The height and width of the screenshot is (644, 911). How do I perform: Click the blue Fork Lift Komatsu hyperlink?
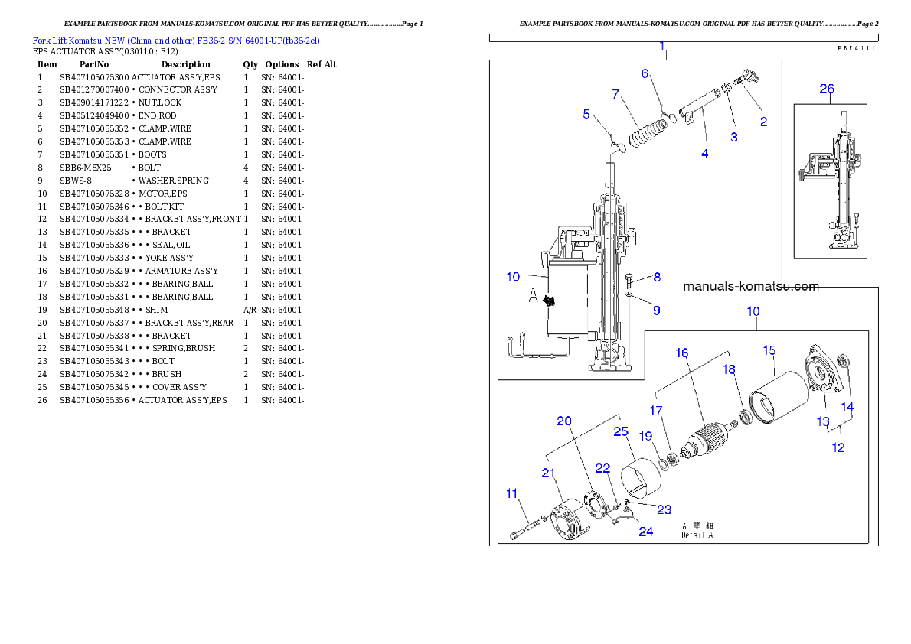pos(176,40)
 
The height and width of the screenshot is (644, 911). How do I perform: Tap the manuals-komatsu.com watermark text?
pos(750,287)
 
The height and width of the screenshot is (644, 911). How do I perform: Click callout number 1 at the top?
pos(662,46)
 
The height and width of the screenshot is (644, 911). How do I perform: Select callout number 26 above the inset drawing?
pos(827,89)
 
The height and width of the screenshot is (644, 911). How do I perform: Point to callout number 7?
pos(615,94)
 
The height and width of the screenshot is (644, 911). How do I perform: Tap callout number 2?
pos(763,122)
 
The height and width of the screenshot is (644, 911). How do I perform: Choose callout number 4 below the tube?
pos(704,154)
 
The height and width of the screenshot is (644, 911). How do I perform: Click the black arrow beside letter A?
pos(549,301)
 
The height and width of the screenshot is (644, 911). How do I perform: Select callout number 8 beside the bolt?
pos(656,278)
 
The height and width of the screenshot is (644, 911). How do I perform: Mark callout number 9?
pos(656,310)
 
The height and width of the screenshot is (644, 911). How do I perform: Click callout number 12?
pos(838,447)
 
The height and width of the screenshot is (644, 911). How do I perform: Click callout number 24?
pos(646,532)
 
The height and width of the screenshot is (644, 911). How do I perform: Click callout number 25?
pos(621,432)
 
